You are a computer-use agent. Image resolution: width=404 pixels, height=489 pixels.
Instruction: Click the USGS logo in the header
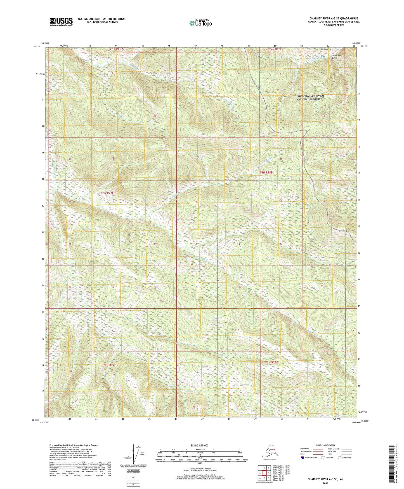tap(61, 22)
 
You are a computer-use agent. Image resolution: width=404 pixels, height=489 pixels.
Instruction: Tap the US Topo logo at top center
tap(200, 23)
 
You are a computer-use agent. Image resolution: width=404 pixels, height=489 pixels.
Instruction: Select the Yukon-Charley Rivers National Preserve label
tap(309, 97)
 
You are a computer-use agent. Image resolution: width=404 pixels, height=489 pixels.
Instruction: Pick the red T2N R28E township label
tap(271, 362)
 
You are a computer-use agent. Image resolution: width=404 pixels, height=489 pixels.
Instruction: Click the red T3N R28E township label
tap(266, 173)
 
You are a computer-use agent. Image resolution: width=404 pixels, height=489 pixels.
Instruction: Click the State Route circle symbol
tap(340, 458)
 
